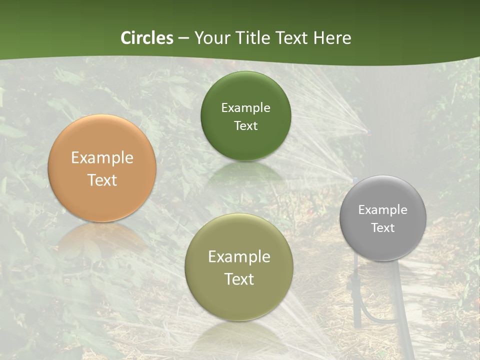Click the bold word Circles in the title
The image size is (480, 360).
pyautogui.click(x=146, y=38)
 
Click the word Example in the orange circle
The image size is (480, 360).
pyautogui.click(x=102, y=158)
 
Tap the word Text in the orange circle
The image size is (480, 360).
pyautogui.click(x=102, y=180)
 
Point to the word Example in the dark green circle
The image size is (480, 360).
pyautogui.click(x=245, y=107)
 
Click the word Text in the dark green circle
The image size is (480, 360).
pyautogui.click(x=245, y=125)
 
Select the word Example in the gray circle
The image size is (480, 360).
pyautogui.click(x=383, y=209)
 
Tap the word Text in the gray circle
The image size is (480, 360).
pyautogui.click(x=383, y=227)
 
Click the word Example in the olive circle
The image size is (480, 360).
pyautogui.click(x=239, y=256)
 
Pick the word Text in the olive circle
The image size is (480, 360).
pyautogui.click(x=239, y=278)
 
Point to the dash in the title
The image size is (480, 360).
pyautogui.click(x=183, y=38)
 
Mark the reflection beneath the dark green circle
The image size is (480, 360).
pyautogui.click(x=245, y=172)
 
